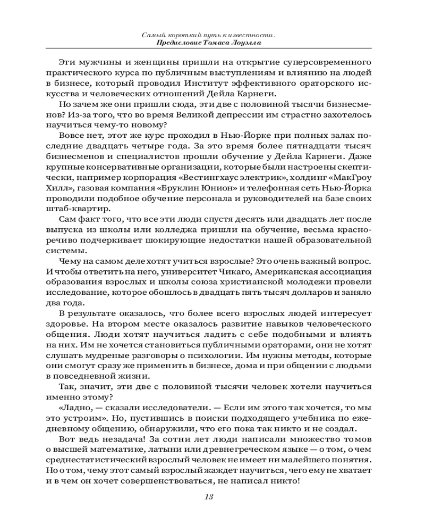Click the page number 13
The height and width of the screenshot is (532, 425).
(208, 497)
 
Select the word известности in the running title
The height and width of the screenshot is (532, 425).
(249, 35)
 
